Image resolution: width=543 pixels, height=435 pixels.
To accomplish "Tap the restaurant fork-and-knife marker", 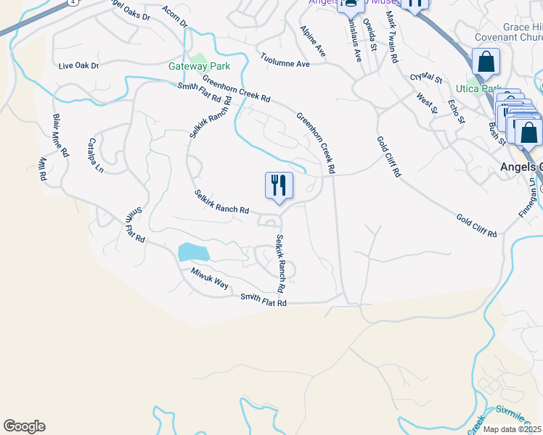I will click(x=279, y=186).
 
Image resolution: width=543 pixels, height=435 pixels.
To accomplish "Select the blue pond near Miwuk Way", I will click(x=193, y=252).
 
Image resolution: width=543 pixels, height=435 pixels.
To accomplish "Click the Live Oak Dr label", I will click(x=78, y=65).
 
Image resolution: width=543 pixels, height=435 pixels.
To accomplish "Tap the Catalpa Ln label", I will click(x=96, y=155).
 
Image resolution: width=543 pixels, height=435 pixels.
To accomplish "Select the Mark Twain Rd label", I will click(x=392, y=36).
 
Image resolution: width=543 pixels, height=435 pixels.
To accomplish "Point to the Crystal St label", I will click(x=426, y=76).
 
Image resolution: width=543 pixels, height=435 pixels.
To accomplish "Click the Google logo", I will click(x=24, y=426).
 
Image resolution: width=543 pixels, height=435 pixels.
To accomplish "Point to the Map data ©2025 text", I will click(x=512, y=429).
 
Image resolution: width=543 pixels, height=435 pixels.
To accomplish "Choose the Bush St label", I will click(x=497, y=133).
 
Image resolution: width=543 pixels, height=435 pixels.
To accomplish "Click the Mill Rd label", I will click(x=41, y=168).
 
